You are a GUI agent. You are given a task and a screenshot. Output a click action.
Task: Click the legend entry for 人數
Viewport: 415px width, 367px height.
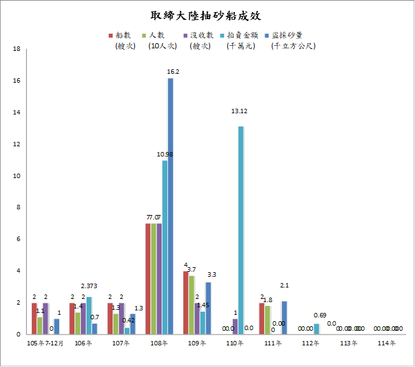click(x=157, y=35)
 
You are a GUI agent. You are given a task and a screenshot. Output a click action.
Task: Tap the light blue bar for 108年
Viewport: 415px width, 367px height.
click(x=165, y=247)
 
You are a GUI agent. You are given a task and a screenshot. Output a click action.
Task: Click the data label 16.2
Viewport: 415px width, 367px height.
click(x=173, y=72)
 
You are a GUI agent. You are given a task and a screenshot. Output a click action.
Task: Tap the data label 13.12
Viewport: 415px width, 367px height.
click(x=239, y=111)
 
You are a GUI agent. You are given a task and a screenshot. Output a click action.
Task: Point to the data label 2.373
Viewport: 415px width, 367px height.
click(x=89, y=286)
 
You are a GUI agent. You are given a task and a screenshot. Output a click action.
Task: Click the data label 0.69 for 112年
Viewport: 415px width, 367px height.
click(x=320, y=315)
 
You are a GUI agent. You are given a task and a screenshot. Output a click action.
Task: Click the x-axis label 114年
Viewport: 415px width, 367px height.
click(x=386, y=343)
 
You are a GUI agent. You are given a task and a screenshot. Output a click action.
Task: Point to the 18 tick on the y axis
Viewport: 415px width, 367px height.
click(x=18, y=49)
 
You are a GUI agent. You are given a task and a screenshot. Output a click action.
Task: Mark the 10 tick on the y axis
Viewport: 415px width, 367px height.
click(x=18, y=176)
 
